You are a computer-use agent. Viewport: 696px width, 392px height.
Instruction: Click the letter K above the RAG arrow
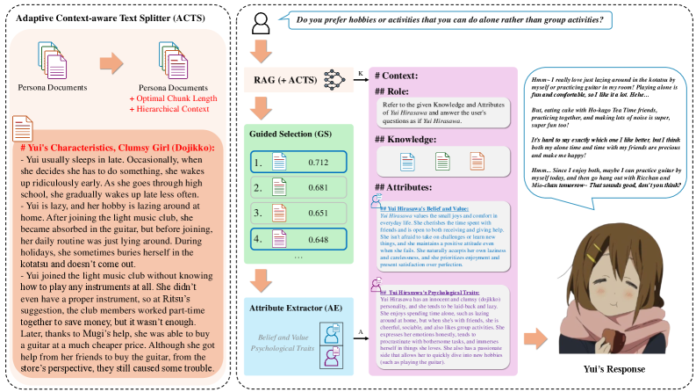tap(361, 71)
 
